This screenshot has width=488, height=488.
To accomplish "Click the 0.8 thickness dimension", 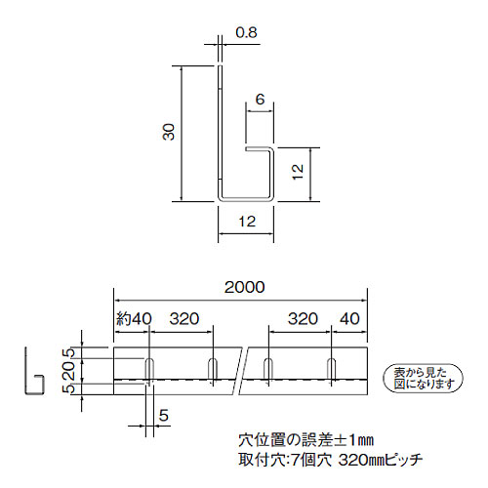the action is (246, 32).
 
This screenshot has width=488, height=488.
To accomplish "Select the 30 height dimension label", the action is (169, 132).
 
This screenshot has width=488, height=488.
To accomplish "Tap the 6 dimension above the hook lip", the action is (260, 100).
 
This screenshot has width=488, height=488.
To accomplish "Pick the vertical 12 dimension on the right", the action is (298, 172).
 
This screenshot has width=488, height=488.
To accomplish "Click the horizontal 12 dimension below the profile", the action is (247, 222).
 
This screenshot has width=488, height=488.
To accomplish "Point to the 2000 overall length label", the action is (244, 287).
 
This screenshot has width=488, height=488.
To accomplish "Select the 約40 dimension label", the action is (134, 318).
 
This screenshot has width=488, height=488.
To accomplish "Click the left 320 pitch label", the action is (183, 318).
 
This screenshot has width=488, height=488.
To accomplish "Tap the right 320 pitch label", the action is (303, 318).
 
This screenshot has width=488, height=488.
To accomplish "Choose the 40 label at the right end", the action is (349, 318).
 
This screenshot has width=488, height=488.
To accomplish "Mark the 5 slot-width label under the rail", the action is (163, 416).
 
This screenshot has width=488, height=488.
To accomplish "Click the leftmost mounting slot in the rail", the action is (149, 369).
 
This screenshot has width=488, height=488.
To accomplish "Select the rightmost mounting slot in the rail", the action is (331, 369).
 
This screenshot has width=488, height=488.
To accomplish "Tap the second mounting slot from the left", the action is (213, 369).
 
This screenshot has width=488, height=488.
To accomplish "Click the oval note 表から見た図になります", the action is (424, 378).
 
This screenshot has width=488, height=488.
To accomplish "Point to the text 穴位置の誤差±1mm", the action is (305, 440).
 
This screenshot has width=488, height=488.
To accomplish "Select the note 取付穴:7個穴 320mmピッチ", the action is (331, 460).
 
